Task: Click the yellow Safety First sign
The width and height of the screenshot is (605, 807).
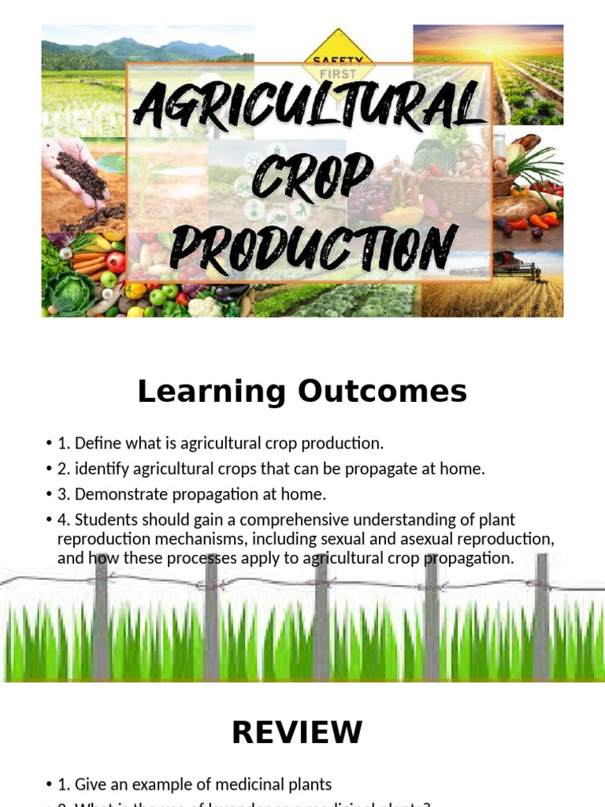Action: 339,54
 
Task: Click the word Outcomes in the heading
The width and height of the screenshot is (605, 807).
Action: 379,392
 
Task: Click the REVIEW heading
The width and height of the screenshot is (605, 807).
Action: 297,732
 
